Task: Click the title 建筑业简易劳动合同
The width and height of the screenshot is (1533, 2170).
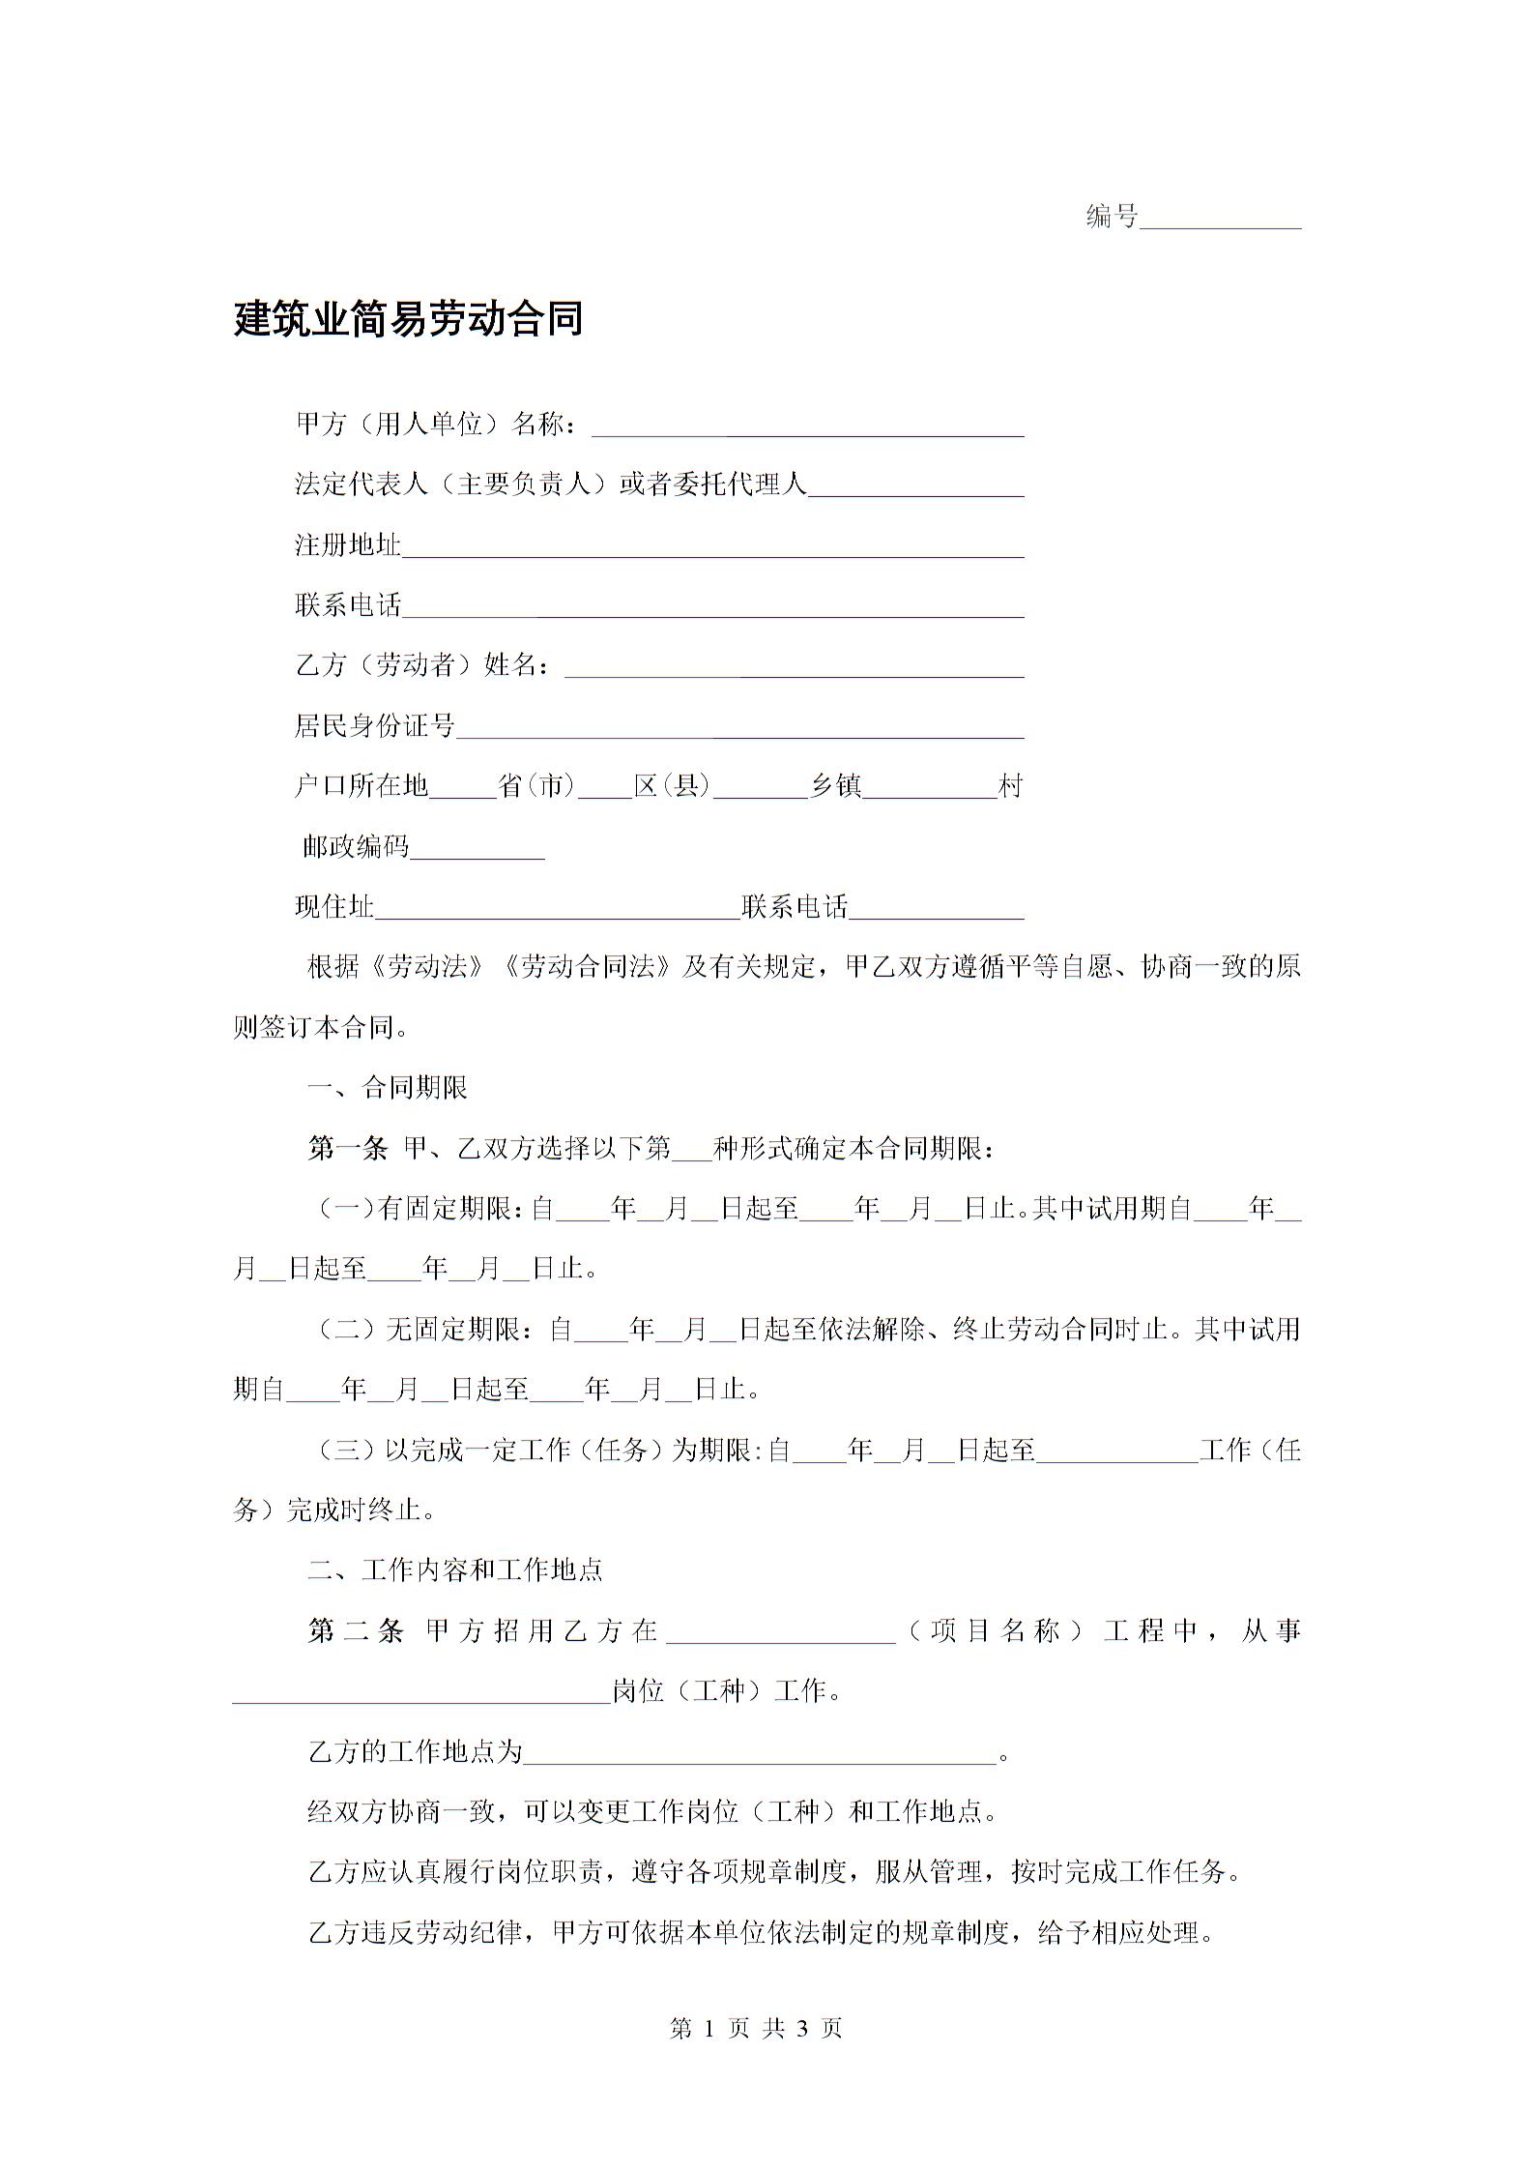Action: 408,319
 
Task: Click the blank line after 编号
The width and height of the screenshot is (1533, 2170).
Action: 1220,219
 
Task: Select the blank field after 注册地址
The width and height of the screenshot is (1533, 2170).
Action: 712,547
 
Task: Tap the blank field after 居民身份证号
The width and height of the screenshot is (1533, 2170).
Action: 739,728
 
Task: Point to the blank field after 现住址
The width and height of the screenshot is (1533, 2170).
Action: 557,909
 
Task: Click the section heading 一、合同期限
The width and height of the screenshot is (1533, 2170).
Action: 387,1088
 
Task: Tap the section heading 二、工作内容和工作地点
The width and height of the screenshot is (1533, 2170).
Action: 454,1569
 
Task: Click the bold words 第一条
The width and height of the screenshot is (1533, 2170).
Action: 347,1149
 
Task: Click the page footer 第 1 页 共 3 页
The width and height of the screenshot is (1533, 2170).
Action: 756,2029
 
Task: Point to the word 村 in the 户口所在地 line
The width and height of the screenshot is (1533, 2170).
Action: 1010,786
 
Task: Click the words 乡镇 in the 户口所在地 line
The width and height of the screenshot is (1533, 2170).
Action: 835,786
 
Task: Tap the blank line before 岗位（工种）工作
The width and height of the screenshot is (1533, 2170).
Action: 421,1692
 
